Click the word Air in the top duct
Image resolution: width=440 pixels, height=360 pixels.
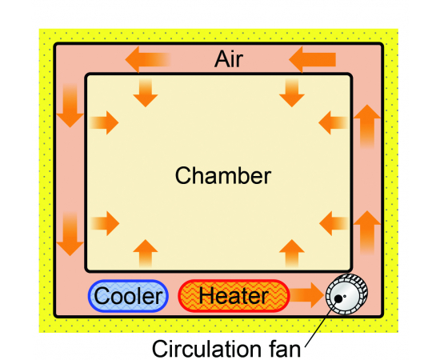pyautogui.click(x=229, y=59)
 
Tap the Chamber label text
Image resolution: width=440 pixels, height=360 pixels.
pyautogui.click(x=223, y=176)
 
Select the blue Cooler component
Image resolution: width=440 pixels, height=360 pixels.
pyautogui.click(x=128, y=296)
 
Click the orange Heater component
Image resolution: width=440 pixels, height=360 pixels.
pyautogui.click(x=234, y=296)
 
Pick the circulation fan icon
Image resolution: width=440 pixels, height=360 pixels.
pyautogui.click(x=347, y=294)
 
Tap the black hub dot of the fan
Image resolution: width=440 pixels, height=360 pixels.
pyautogui.click(x=338, y=299)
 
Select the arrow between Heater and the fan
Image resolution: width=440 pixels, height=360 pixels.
pyautogui.click(x=306, y=295)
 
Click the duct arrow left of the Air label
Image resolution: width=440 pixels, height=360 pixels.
pyautogui.click(x=148, y=59)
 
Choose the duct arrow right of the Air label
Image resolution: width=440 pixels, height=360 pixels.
pyautogui.click(x=312, y=59)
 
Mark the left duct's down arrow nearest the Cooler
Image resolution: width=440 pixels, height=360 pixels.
pyautogui.click(x=70, y=234)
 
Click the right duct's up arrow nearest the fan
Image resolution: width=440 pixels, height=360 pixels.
pyautogui.click(x=367, y=232)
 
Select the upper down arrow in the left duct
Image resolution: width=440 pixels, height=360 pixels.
pyautogui.click(x=70, y=106)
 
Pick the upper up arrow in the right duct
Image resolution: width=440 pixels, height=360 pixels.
pyautogui.click(x=367, y=126)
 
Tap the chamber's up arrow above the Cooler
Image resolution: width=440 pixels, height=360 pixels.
pyautogui.click(x=146, y=253)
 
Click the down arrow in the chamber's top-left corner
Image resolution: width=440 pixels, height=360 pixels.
pyautogui.click(x=146, y=93)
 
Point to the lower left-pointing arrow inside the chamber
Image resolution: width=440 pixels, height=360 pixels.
pyautogui.click(x=334, y=223)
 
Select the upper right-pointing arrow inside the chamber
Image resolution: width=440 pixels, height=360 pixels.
pyautogui.click(x=104, y=122)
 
